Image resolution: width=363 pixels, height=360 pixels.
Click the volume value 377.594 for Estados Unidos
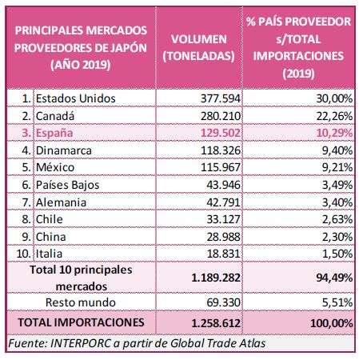(x=221, y=98)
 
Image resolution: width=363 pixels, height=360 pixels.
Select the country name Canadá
(x=55, y=116)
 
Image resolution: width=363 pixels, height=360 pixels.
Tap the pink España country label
(x=54, y=133)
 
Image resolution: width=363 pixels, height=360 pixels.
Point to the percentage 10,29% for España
(x=334, y=133)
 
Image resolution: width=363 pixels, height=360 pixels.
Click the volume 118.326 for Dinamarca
(x=221, y=150)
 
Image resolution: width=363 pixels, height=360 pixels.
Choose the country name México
(x=55, y=167)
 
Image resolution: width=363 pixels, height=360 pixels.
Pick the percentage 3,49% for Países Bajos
(x=337, y=185)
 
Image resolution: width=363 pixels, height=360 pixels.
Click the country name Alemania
(x=61, y=202)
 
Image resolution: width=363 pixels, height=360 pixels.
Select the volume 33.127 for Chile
(x=224, y=219)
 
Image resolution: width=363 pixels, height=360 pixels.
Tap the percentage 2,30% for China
(x=337, y=237)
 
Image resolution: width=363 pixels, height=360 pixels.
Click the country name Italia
(x=49, y=254)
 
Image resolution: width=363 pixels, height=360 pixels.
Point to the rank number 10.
(x=23, y=254)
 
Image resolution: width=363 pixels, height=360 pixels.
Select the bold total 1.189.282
(x=216, y=278)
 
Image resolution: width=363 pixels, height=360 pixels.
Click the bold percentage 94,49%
(x=334, y=278)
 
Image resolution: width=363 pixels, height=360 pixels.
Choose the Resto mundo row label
(x=81, y=302)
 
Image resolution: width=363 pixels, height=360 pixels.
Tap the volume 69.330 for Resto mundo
(x=224, y=302)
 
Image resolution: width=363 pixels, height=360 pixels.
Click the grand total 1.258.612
(x=216, y=323)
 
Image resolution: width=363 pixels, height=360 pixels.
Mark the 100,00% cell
(x=332, y=323)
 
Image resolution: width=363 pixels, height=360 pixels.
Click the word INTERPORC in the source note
(x=80, y=343)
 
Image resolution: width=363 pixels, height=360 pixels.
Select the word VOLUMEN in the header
(x=199, y=39)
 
